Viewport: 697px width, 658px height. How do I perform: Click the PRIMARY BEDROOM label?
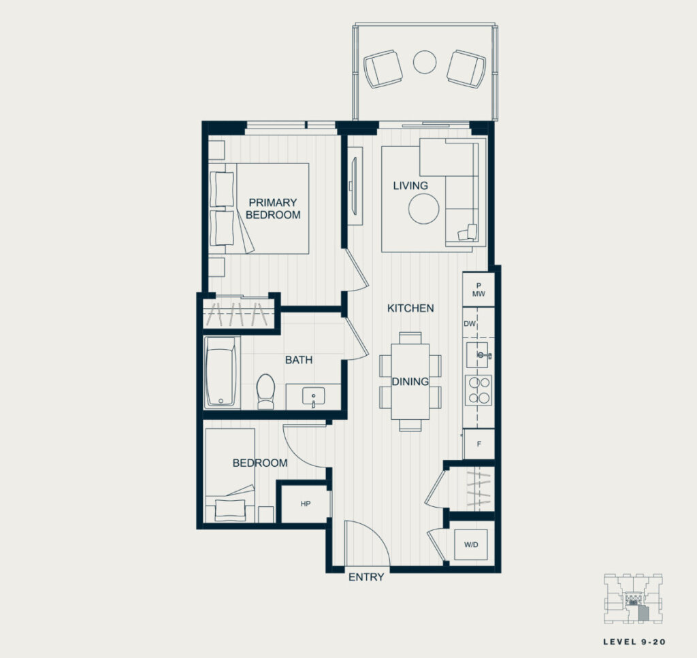coord(273,209)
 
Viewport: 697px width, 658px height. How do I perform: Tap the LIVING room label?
coord(410,186)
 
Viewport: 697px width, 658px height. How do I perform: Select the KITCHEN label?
coord(410,308)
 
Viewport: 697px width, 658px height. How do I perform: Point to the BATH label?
coord(299,360)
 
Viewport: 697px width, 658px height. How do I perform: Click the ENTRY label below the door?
coord(366,577)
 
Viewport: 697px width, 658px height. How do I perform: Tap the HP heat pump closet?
coord(306,504)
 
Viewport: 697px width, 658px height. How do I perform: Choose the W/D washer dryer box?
coord(471,545)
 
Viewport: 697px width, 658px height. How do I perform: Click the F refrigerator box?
coord(479,444)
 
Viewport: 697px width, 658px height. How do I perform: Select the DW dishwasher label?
coord(470,324)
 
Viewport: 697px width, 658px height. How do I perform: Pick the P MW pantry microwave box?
coord(479,290)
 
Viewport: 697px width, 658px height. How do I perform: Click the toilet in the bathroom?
coord(266,391)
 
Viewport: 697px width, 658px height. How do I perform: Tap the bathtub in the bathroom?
coord(221,372)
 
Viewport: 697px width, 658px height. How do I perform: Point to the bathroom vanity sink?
coord(313,396)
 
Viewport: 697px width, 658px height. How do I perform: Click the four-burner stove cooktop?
coord(479,390)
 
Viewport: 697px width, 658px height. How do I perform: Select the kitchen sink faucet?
coord(484,355)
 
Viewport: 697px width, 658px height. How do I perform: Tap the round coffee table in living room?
coord(424,209)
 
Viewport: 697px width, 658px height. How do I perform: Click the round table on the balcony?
coord(425,62)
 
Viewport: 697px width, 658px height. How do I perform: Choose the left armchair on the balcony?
coord(383,69)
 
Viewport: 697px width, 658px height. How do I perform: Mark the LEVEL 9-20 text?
coord(634,642)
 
